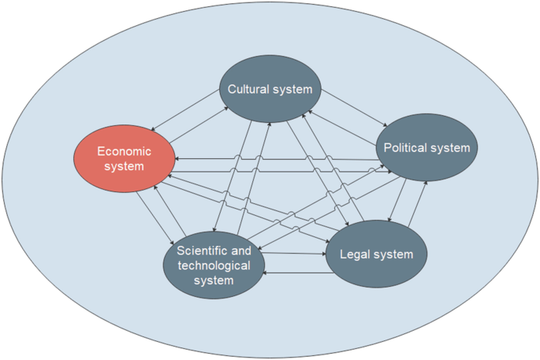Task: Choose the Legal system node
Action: [376, 254]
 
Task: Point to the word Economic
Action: [124, 150]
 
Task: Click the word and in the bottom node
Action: [241, 251]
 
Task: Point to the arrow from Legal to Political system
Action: [418, 206]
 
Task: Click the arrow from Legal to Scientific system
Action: [295, 273]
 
